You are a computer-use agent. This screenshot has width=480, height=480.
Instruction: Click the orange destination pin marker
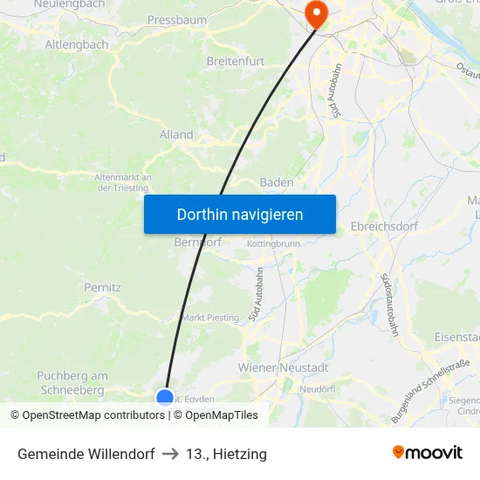click(313, 12)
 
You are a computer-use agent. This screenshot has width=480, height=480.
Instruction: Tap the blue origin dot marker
click(165, 397)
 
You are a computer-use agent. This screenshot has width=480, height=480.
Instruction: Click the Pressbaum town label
click(176, 18)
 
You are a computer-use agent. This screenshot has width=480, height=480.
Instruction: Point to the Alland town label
click(176, 135)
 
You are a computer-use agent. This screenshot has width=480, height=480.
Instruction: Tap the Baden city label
click(277, 182)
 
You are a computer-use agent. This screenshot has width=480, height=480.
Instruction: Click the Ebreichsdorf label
click(384, 226)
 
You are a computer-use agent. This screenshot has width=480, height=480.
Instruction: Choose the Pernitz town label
click(102, 286)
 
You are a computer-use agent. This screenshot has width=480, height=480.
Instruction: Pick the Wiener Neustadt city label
click(283, 367)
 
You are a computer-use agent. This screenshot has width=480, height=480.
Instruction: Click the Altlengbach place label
click(76, 44)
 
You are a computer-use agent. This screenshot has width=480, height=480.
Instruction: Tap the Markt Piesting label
click(209, 318)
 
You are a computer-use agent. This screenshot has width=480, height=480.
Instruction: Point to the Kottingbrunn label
click(274, 243)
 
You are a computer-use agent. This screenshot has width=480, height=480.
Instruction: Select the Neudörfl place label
click(318, 388)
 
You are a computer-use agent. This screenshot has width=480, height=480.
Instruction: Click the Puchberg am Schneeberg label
click(72, 382)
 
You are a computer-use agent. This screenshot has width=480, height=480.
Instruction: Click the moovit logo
click(428, 453)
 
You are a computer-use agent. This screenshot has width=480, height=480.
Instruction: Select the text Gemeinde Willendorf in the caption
click(86, 454)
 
